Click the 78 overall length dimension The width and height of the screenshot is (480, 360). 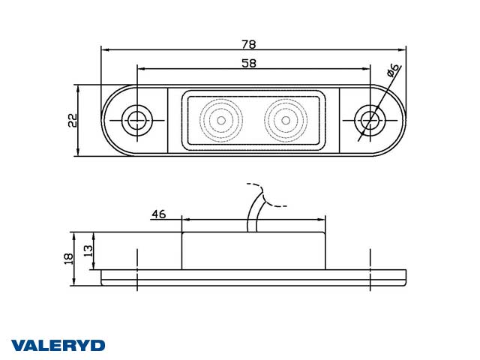[248, 45]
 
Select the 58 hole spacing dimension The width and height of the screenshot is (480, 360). [248, 63]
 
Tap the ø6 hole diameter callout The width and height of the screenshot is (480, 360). [393, 70]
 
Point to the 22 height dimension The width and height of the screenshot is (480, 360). [73, 120]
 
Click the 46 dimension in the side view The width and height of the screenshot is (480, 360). [158, 214]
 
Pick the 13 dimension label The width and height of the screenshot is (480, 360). [88, 251]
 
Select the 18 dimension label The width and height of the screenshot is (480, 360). [68, 259]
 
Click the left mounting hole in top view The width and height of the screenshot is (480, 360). [136, 120]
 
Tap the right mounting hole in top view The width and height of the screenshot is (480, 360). [370, 120]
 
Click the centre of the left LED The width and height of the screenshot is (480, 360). [221, 120]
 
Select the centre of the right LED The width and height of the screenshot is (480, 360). [286, 120]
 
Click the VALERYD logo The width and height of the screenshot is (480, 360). [58, 346]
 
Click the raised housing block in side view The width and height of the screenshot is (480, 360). [253, 251]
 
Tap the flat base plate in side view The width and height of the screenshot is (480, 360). [253, 277]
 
